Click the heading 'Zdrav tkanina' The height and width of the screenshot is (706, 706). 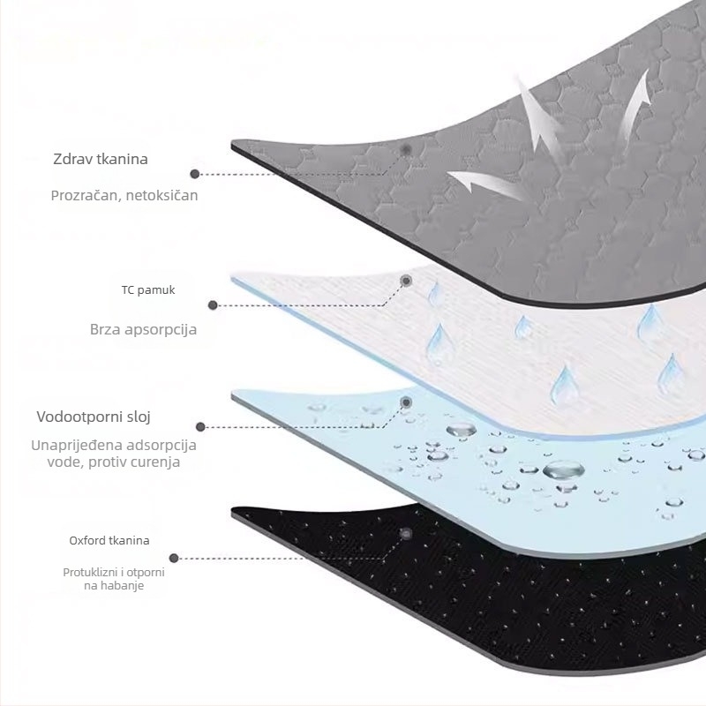point(101,159)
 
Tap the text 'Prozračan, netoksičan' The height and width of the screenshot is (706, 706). point(124,195)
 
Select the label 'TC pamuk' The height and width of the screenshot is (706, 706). point(148,290)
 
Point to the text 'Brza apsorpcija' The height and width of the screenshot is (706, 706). point(143,329)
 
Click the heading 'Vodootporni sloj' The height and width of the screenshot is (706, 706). point(94,417)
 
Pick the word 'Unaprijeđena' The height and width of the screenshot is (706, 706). point(77,445)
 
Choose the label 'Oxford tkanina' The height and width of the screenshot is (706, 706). point(109,540)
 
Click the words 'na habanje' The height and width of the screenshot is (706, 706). point(114,586)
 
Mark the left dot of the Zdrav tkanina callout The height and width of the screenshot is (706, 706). point(194,174)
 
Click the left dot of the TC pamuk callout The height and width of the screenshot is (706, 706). point(213,305)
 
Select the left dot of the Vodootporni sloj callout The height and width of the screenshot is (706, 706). point(201,427)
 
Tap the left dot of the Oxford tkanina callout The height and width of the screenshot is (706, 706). point(174,559)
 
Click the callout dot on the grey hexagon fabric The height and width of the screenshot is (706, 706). point(406,149)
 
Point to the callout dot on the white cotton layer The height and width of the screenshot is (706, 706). point(406,281)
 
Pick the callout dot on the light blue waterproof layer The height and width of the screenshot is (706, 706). point(406,402)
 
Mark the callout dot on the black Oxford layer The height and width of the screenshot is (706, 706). point(406,534)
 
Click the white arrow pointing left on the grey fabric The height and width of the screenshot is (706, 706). point(482,184)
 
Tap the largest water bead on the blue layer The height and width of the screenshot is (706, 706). point(563,470)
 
